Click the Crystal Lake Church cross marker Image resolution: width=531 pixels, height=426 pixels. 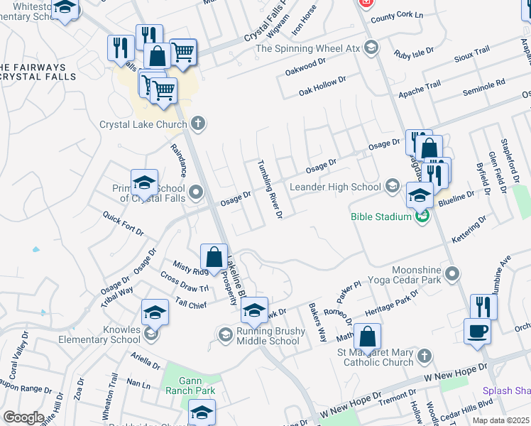pos(198,124)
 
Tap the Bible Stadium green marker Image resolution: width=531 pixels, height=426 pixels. pos(422,216)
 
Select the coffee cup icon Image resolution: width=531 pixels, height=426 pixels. pos(477,331)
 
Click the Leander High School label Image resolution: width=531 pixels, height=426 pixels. pos(336,187)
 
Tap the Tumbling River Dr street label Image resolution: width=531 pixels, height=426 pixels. pos(270,189)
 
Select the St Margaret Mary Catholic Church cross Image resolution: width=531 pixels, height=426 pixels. pos(424,355)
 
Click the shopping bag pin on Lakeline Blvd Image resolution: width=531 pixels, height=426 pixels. pos(214,258)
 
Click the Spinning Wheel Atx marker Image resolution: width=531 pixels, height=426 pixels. pos(371,48)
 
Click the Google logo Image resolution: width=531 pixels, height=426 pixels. pos(24,417)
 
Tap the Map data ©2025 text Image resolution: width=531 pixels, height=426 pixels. pos(500,420)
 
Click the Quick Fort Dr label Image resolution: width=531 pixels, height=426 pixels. pos(123,222)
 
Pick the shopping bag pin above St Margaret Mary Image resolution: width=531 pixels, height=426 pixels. pos(367,337)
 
